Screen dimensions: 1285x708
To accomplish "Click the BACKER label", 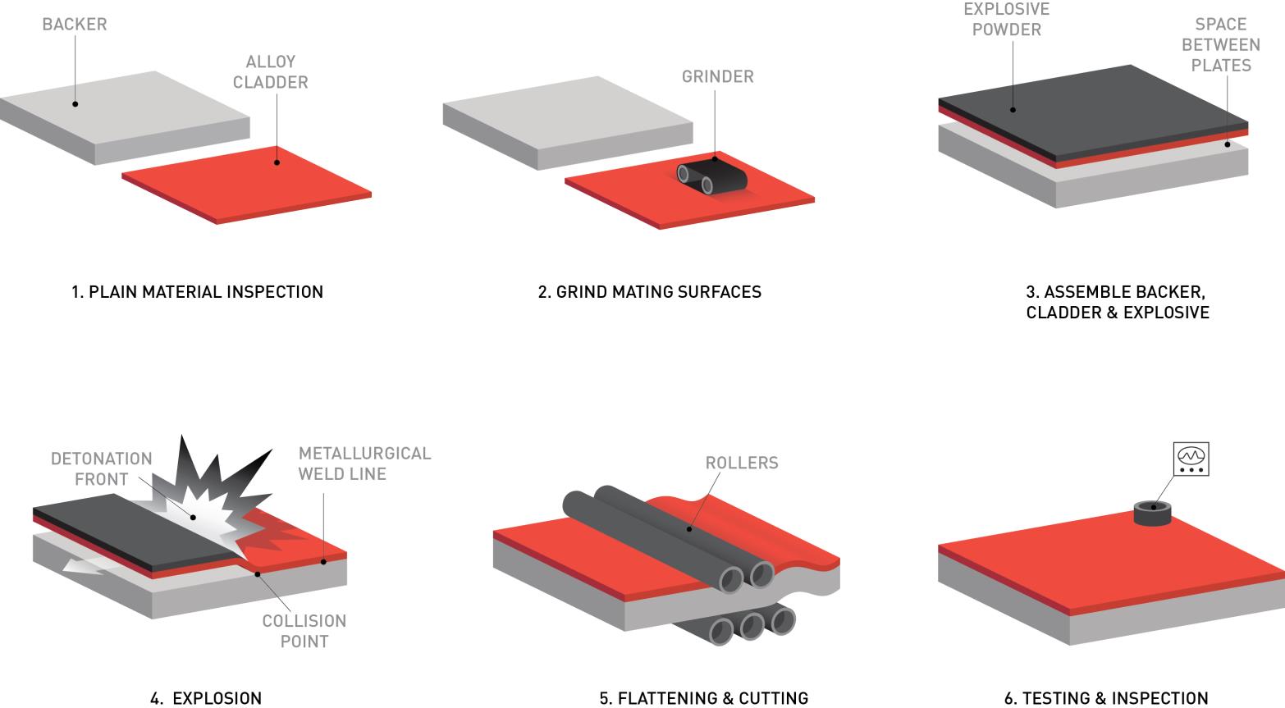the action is (x=75, y=24).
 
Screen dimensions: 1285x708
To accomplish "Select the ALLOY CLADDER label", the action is (x=270, y=71).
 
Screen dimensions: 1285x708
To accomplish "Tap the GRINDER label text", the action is (x=718, y=76).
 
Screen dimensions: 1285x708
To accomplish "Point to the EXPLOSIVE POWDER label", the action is (x=1006, y=19).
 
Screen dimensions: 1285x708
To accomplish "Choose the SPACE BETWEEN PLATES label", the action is (x=1221, y=45).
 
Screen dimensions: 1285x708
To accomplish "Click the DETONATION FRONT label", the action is (x=102, y=468).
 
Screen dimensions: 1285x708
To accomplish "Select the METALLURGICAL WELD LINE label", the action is (x=364, y=464).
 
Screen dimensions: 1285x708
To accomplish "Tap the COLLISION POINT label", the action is (x=304, y=631).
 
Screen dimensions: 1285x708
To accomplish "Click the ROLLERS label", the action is (x=742, y=463).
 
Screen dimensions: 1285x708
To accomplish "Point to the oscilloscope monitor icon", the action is (x=1191, y=459).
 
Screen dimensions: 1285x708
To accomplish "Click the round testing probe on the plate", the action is (x=1153, y=513).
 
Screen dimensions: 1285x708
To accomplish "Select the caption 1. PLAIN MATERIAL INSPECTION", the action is (x=197, y=292).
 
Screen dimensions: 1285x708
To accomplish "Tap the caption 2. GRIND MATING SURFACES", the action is (x=649, y=292).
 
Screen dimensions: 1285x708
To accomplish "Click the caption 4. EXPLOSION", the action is (x=206, y=698).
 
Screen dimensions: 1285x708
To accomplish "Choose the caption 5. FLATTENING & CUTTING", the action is (x=704, y=698).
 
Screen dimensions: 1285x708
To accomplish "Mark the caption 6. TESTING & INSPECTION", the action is (x=1106, y=698).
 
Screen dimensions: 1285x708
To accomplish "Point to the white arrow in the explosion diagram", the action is (x=92, y=564).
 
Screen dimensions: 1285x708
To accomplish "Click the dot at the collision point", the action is (x=258, y=573).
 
